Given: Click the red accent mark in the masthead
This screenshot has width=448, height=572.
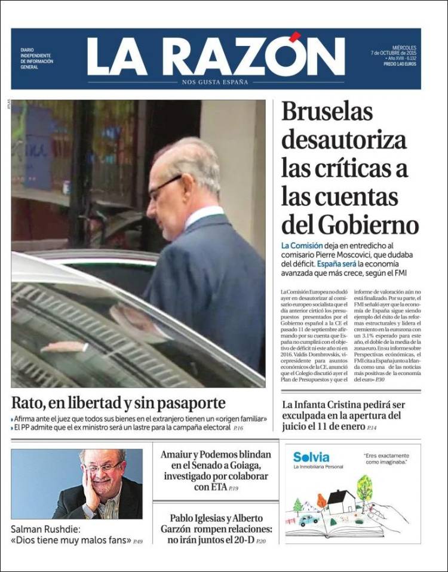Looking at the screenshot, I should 294,38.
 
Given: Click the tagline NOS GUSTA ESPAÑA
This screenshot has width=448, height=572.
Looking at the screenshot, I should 216,82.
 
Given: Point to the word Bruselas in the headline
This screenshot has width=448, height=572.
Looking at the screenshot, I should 327,112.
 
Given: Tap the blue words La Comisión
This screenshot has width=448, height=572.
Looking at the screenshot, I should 302,245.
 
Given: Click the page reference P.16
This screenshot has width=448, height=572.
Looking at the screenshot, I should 238,428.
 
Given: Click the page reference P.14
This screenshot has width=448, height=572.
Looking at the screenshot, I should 372,428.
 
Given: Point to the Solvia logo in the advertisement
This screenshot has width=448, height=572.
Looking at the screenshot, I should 311,457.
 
